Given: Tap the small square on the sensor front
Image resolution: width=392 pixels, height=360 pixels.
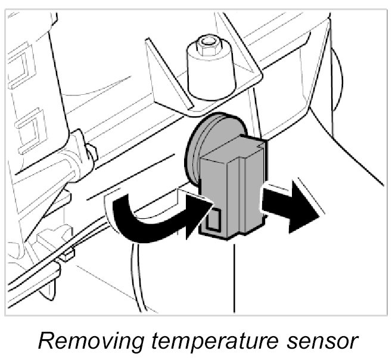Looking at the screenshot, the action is tap(212, 221).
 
